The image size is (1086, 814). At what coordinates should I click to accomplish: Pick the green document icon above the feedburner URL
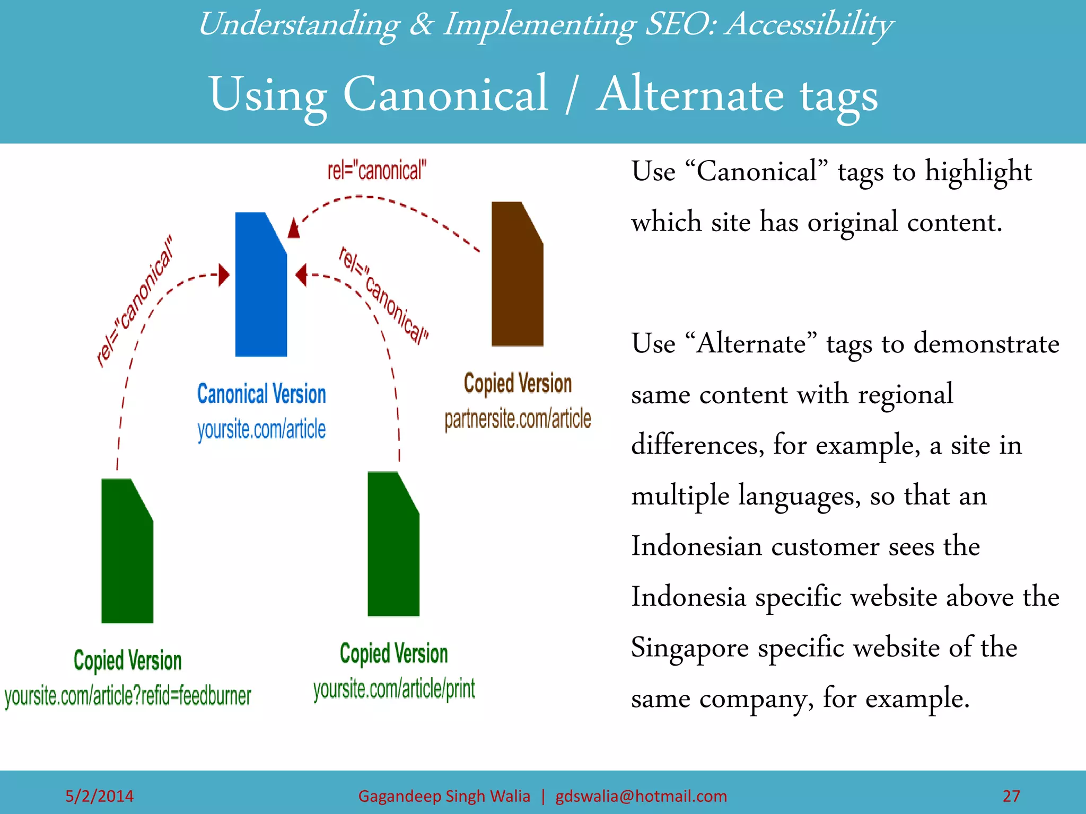pyautogui.click(x=127, y=551)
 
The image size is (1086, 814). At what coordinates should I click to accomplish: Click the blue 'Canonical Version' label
pyautogui.click(x=261, y=394)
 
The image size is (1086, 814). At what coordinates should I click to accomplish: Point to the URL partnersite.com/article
pyautogui.click(x=518, y=419)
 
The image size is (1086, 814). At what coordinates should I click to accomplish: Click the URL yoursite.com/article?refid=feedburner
pyautogui.click(x=128, y=696)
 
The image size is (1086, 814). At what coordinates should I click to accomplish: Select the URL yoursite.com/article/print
pyautogui.click(x=394, y=689)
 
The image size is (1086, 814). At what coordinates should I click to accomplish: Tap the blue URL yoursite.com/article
pyautogui.click(x=261, y=429)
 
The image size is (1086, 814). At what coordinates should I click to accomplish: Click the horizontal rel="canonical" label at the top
pyautogui.click(x=376, y=171)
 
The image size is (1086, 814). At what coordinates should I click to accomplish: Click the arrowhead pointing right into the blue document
pyautogui.click(x=224, y=275)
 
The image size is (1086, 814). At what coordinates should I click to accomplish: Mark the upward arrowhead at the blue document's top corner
pyautogui.click(x=294, y=228)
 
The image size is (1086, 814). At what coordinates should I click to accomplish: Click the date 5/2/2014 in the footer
pyautogui.click(x=99, y=796)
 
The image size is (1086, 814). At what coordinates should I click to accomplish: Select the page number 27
pyautogui.click(x=1011, y=796)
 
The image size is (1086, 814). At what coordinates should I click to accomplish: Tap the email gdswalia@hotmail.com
pyautogui.click(x=641, y=796)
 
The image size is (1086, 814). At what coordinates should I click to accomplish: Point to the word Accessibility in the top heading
pyautogui.click(x=809, y=24)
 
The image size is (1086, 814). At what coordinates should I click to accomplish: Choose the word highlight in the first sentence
pyautogui.click(x=978, y=172)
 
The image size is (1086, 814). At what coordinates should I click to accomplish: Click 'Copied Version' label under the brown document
pyautogui.click(x=518, y=384)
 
